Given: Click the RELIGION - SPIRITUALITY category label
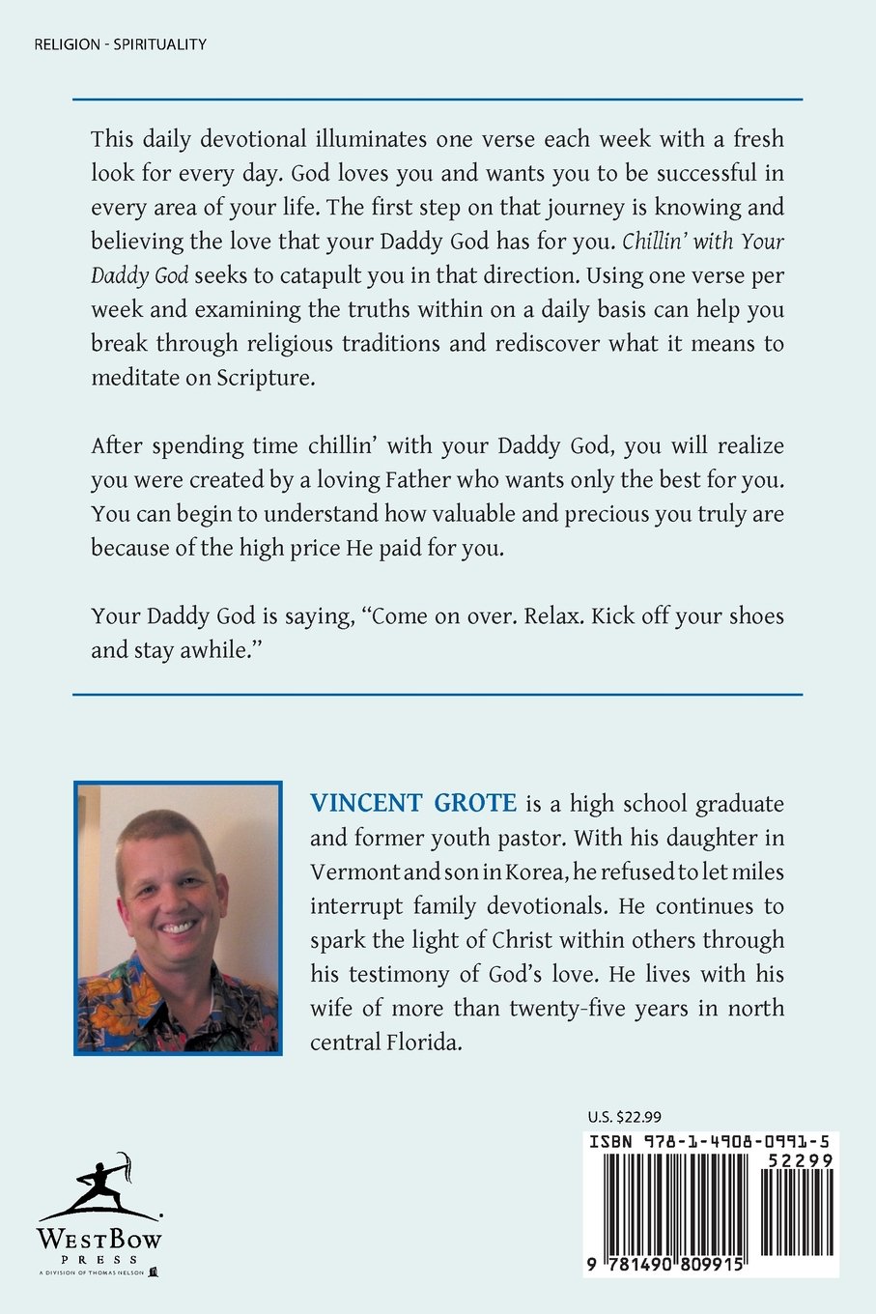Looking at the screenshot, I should coord(120,43).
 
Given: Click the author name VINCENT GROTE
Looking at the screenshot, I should coord(413,804).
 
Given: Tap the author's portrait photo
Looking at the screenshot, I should coord(179,918).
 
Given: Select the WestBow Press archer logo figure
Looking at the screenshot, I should coord(100,1184).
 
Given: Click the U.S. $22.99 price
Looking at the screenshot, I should coord(624,1116).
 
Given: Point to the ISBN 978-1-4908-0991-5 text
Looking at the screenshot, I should coord(709,1142).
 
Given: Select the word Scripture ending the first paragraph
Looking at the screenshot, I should coord(267,378).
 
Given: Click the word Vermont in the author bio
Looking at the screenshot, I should coord(354,872).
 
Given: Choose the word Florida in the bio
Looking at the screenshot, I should coord(422,1043).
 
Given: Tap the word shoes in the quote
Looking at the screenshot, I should coord(754,616).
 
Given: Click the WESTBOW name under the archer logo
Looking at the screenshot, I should coord(99,1240).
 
